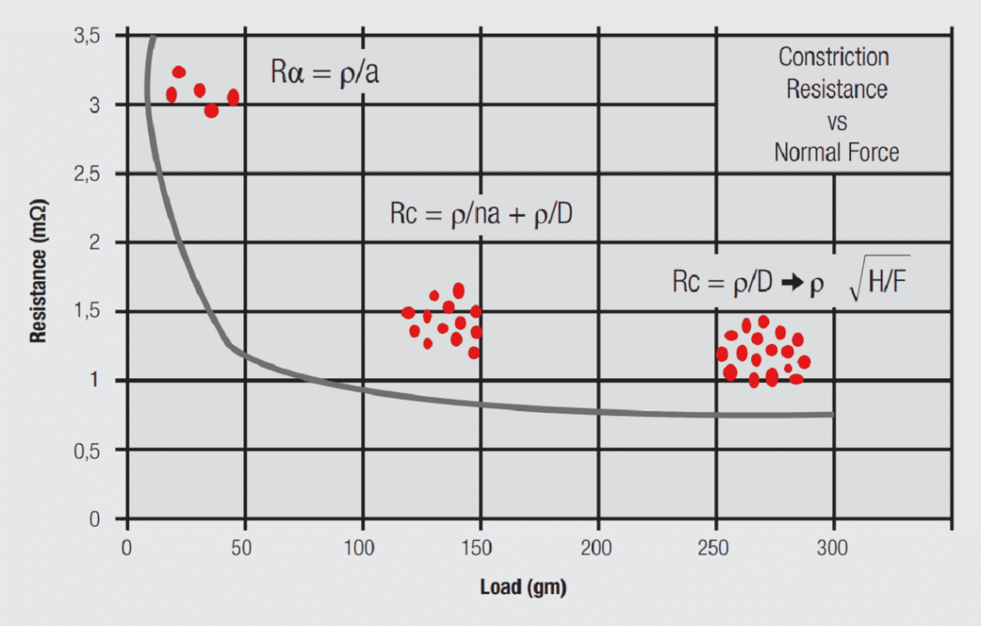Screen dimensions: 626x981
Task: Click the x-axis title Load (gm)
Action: coord(523,587)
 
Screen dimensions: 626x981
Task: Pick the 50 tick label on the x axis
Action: coord(245,547)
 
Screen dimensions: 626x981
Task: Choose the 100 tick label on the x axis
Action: coord(362,547)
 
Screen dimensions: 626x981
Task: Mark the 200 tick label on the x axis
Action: coord(598,547)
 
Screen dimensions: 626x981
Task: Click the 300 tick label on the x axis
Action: coord(833,547)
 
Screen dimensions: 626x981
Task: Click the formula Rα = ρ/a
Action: coord(325,72)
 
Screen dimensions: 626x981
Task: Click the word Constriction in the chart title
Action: coord(833,58)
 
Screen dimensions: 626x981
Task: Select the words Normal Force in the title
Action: coord(836,153)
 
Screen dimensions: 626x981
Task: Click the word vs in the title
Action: coord(836,121)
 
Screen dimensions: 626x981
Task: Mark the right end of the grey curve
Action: coord(831,414)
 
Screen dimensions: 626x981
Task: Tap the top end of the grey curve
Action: coord(151,39)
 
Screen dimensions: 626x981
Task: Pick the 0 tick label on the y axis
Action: coord(96,519)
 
